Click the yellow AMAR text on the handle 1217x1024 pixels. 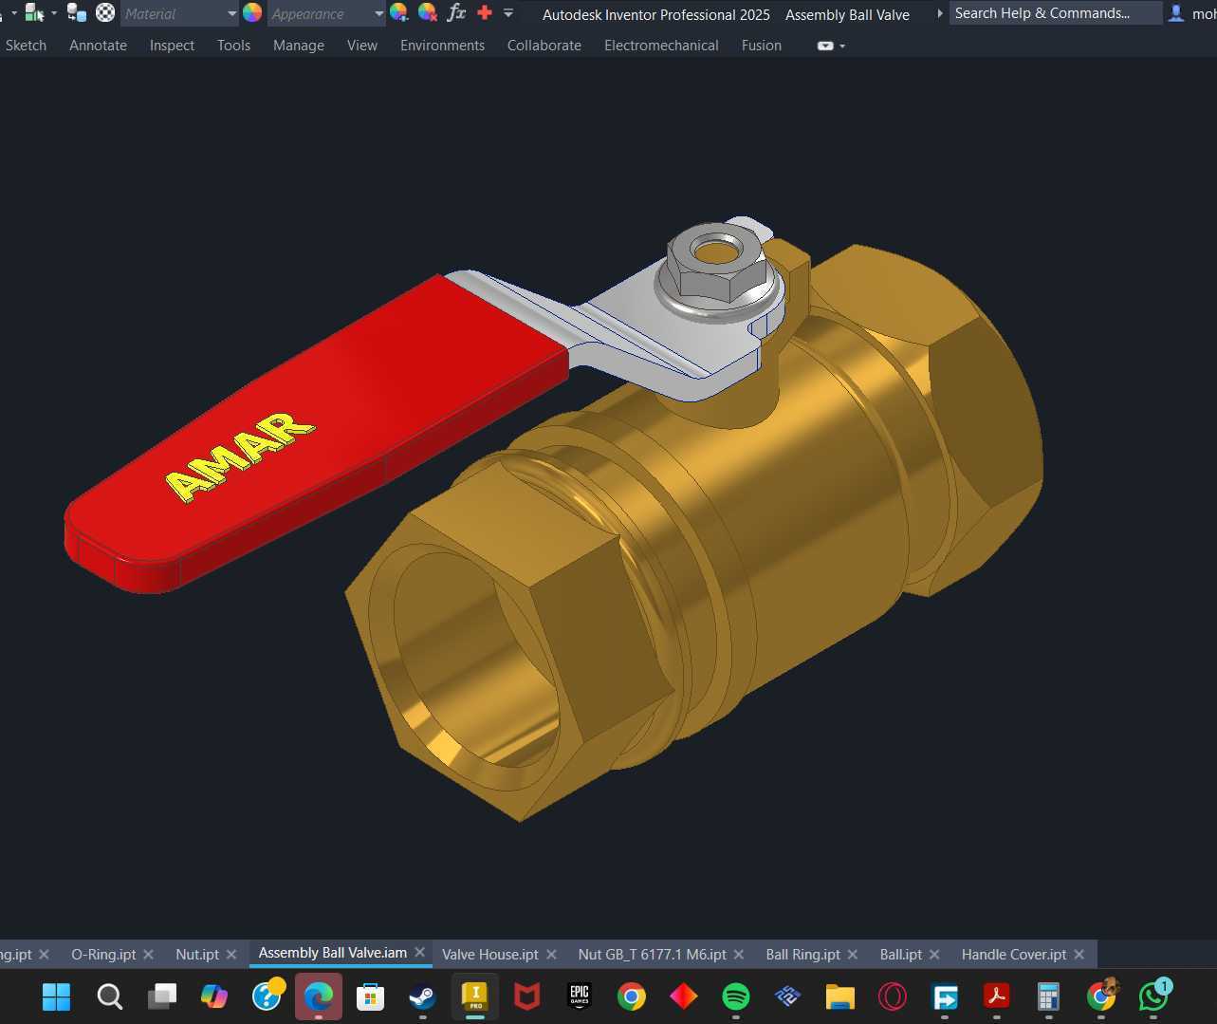click(x=240, y=456)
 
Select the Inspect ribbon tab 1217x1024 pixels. click(x=172, y=46)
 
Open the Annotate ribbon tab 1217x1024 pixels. click(x=98, y=46)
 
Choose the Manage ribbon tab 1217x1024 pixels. click(x=299, y=46)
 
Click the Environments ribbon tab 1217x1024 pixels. click(x=442, y=46)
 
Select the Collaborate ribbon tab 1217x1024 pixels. click(x=544, y=46)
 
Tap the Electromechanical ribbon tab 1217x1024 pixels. click(x=661, y=46)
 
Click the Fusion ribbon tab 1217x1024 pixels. click(x=761, y=46)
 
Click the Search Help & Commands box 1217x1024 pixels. click(x=1056, y=13)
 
